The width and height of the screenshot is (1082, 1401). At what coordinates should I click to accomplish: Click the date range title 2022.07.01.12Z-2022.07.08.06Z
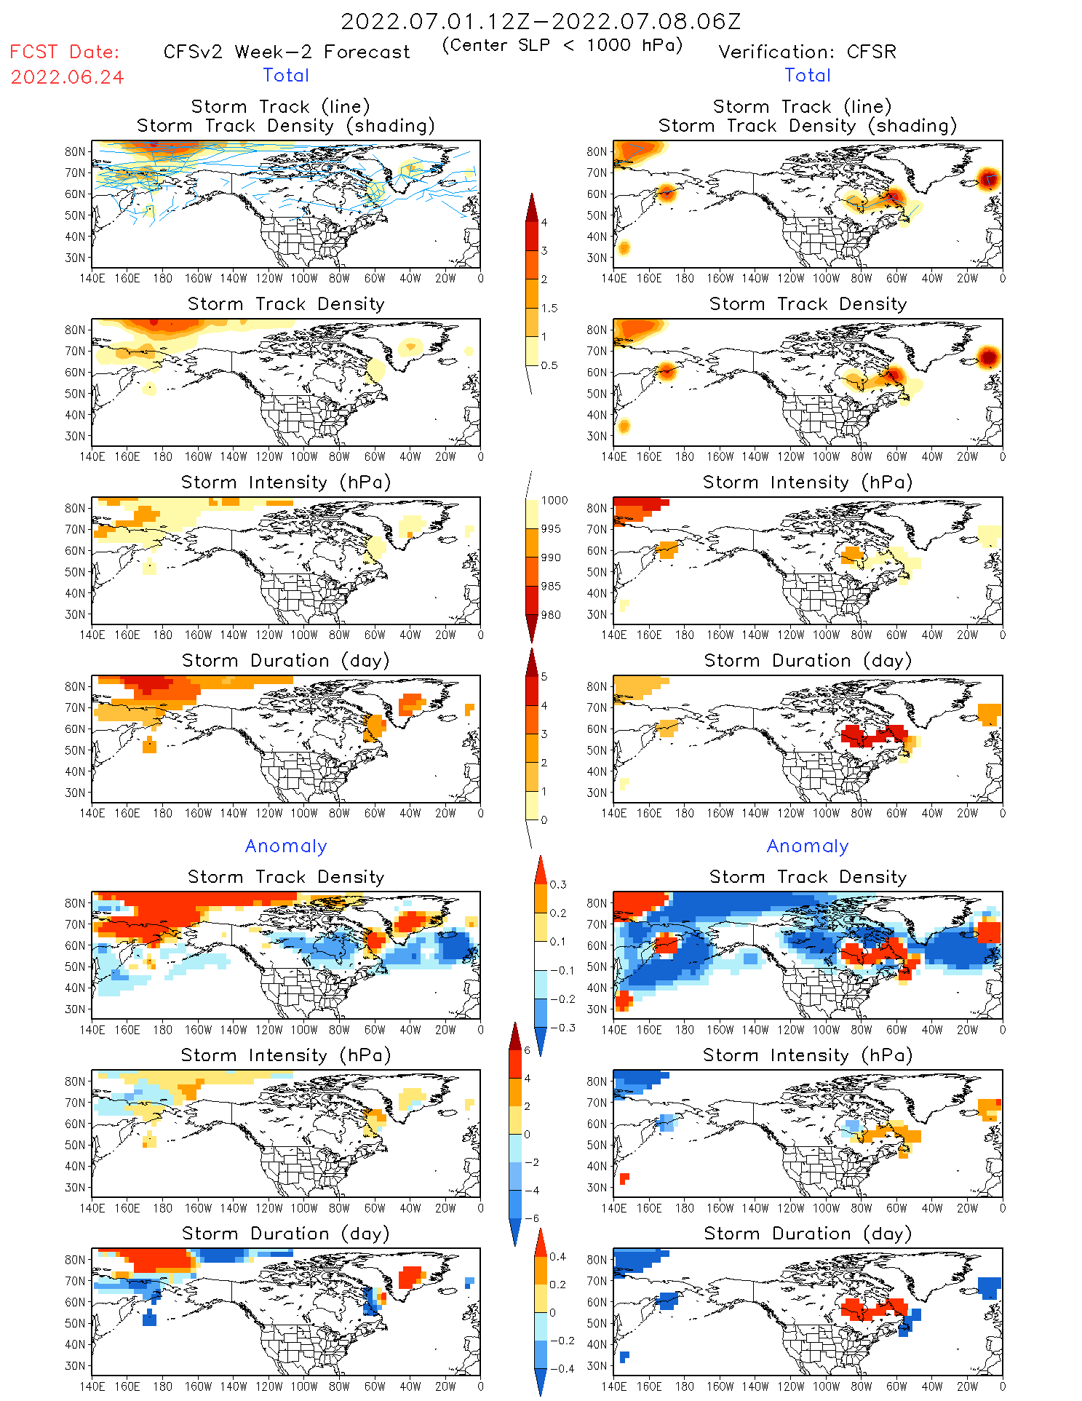[x=541, y=21]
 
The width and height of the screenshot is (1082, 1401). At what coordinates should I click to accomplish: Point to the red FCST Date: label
[x=64, y=52]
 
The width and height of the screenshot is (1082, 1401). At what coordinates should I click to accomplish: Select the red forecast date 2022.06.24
[x=67, y=77]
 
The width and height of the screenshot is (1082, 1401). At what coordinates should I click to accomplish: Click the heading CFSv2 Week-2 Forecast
[x=287, y=52]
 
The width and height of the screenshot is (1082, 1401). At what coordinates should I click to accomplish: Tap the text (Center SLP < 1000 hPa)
[x=562, y=45]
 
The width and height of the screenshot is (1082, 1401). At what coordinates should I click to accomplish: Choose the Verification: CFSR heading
[x=807, y=52]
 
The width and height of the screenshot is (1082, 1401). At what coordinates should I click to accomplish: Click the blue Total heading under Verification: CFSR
[x=807, y=75]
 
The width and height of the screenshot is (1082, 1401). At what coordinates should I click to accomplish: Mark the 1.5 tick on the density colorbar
[x=549, y=308]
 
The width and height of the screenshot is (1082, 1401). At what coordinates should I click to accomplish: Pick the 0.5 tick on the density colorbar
[x=549, y=365]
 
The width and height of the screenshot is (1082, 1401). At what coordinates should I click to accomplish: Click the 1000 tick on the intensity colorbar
[x=554, y=501]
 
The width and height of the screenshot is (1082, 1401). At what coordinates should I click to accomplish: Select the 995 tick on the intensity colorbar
[x=551, y=529]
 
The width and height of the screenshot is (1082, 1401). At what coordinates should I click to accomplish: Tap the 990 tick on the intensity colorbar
[x=551, y=557]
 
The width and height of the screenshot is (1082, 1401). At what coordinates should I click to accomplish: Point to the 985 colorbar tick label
[x=551, y=587]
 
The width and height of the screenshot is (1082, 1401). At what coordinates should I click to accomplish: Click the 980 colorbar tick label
[x=551, y=615]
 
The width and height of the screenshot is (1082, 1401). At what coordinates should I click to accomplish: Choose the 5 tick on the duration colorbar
[x=544, y=677]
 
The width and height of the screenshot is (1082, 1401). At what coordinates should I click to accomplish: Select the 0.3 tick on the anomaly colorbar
[x=557, y=885]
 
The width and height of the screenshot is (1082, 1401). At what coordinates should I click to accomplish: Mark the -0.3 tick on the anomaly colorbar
[x=562, y=1028]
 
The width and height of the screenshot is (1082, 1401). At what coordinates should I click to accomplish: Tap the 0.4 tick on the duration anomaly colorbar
[x=557, y=1257]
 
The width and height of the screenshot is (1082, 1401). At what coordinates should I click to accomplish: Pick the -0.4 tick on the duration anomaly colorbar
[x=562, y=1368]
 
